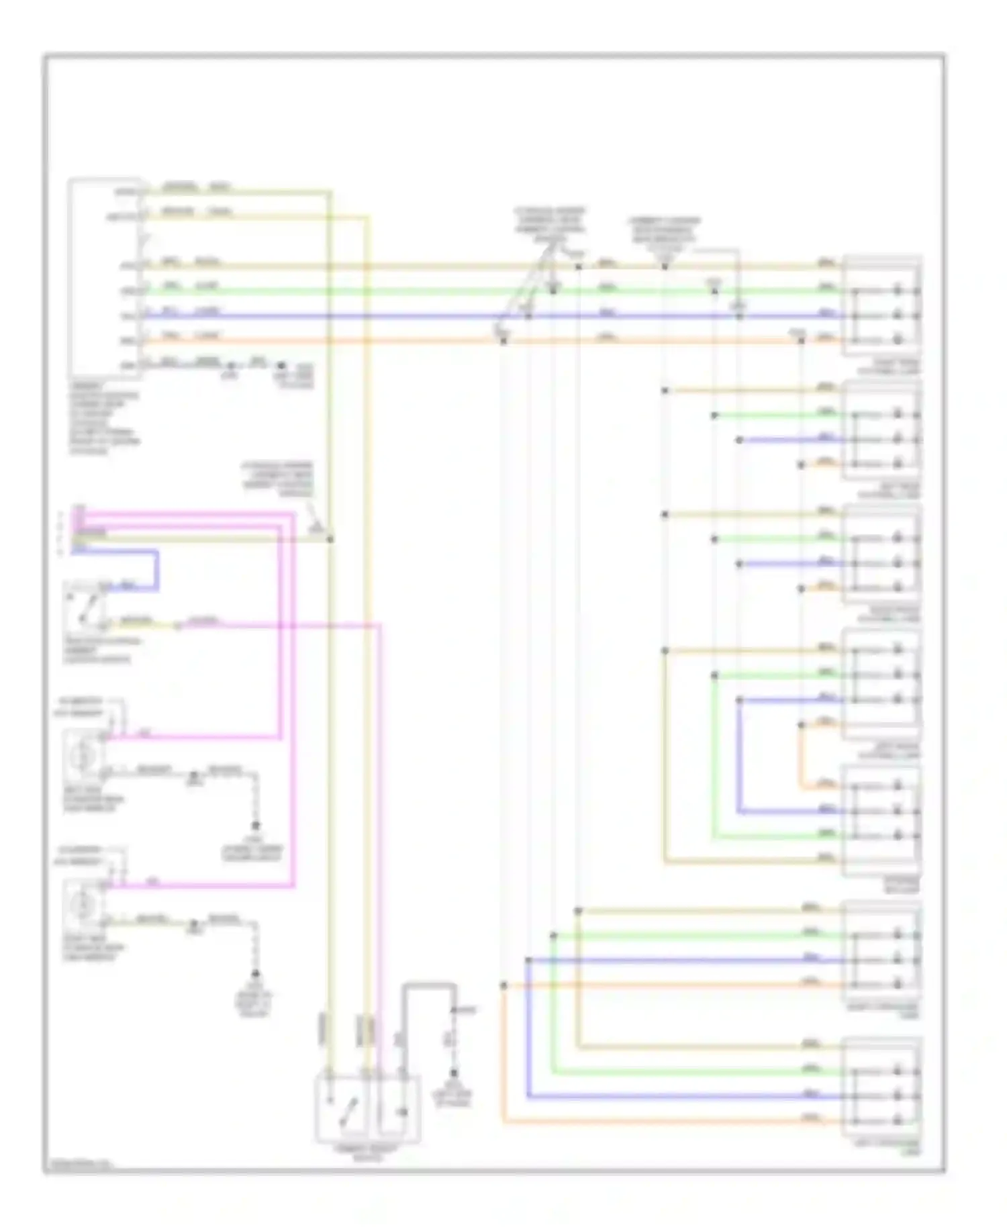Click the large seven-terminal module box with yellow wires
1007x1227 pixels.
[104, 279]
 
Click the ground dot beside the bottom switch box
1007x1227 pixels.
[454, 1073]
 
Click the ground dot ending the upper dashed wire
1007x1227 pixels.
[256, 826]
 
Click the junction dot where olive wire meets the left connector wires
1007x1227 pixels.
[330, 538]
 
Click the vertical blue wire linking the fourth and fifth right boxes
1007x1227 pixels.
[739, 758]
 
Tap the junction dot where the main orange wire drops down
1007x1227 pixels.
[503, 341]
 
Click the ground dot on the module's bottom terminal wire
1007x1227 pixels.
[232, 366]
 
